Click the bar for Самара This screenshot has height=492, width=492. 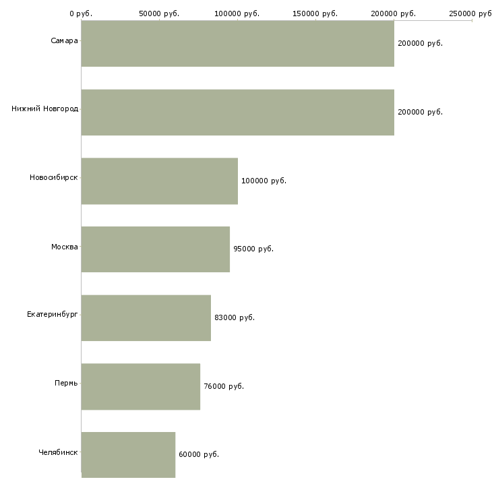coord(237,43)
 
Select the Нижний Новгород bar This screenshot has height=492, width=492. coord(237,113)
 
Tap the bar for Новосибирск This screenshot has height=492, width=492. coord(160,181)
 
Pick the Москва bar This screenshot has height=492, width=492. coord(155,249)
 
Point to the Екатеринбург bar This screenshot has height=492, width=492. coord(146,318)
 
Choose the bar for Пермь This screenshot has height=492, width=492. coord(141,387)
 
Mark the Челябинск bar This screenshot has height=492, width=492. coord(128,455)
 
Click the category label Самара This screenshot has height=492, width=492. coord(64,40)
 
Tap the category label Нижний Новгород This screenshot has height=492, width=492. coord(45,109)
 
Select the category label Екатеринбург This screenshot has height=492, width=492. coord(53,314)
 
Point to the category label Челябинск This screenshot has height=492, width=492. coord(58,452)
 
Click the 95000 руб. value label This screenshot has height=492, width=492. coord(253,249)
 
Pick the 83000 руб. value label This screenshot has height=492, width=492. coord(235,317)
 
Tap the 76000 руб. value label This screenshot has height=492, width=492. coord(224,386)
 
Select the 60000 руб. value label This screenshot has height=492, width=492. coord(199,454)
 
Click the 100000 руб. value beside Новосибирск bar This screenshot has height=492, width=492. coord(264,181)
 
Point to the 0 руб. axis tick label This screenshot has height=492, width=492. coord(81,13)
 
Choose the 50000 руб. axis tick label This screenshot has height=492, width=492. coord(159,13)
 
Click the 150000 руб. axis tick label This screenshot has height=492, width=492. coord(315,13)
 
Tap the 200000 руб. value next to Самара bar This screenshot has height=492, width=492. coord(420,43)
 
